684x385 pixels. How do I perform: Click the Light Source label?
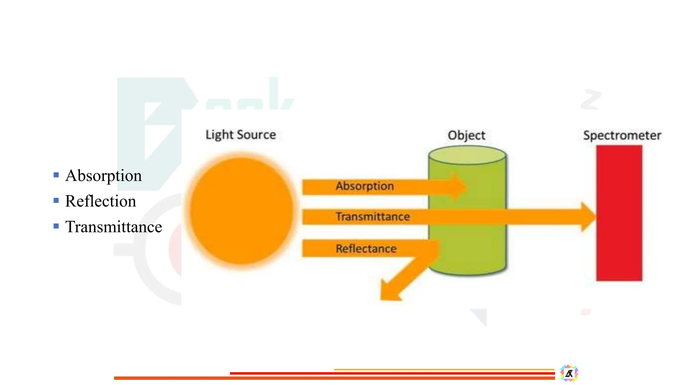(240, 135)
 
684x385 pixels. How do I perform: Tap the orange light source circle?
(241, 211)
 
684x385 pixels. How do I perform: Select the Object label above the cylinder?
(466, 135)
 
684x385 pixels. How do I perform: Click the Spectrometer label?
(622, 135)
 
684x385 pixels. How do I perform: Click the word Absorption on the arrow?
(365, 186)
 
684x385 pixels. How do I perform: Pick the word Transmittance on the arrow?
(373, 217)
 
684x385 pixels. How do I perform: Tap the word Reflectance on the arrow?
(366, 249)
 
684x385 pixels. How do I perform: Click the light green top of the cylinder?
(467, 155)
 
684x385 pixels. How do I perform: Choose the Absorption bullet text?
(104, 176)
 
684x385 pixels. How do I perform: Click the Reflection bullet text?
(101, 201)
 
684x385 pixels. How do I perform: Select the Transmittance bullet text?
(114, 227)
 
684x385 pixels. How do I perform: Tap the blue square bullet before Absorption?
(56, 175)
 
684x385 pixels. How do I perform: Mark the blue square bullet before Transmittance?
(56, 226)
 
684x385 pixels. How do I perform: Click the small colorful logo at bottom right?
(569, 373)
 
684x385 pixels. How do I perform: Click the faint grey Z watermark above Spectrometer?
(591, 99)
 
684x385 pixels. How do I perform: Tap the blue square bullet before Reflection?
(56, 201)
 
